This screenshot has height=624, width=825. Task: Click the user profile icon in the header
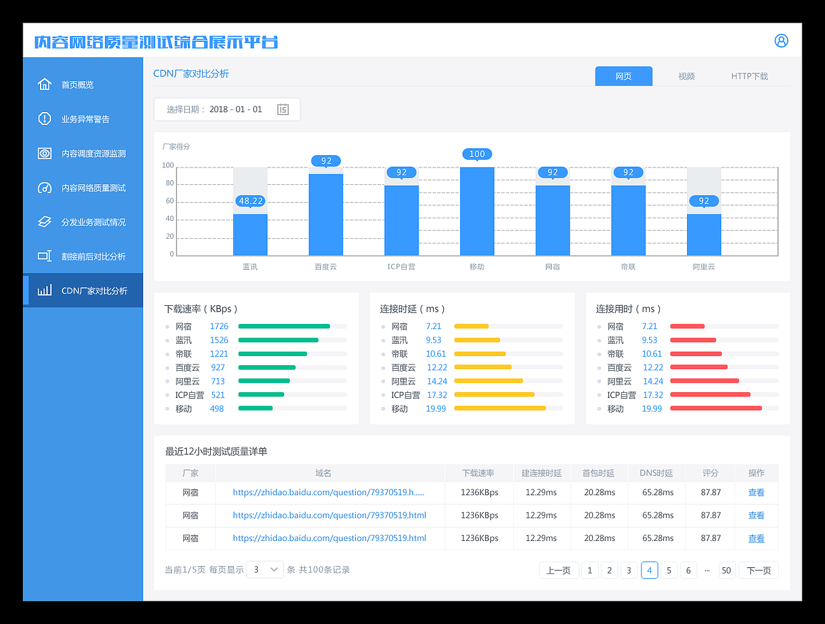[x=781, y=41]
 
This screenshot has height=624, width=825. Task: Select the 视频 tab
[x=686, y=76]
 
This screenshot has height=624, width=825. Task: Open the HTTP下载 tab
[x=749, y=76]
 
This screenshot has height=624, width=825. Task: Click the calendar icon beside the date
[x=283, y=109]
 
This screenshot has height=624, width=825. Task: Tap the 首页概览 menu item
[x=77, y=85]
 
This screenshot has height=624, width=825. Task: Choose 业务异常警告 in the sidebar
[x=85, y=119]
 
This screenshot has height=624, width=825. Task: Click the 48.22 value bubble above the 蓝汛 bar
[x=251, y=201]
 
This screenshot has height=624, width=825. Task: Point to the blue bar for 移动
[x=477, y=213]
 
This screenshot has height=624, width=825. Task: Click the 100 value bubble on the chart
[x=477, y=154]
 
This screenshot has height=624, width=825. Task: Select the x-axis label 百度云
[x=325, y=267]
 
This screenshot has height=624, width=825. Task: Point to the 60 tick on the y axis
[x=170, y=201]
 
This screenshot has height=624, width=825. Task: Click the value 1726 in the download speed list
[x=219, y=326]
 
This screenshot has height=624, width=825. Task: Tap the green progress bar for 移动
[x=256, y=408]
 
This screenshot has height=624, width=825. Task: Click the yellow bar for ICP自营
[x=494, y=395]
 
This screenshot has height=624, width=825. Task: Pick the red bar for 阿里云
[x=704, y=381]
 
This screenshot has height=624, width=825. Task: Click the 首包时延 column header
[x=599, y=473]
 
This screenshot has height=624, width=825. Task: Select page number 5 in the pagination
[x=669, y=571]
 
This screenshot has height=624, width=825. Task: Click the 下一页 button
[x=759, y=571]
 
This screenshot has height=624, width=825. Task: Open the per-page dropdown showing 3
[x=265, y=570]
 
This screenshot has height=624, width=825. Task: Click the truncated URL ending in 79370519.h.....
[x=328, y=493]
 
